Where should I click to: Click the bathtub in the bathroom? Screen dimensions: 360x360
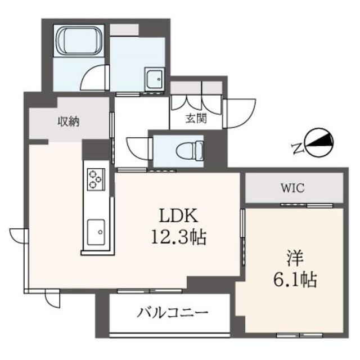pos(79,41)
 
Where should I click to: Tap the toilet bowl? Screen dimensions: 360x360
pos(190,151)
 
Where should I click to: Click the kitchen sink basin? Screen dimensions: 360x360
pos(96,232)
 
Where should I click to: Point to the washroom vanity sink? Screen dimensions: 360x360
pos(154,80)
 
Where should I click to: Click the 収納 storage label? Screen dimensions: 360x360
pos(69,121)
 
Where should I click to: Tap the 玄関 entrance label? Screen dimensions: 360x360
pos(196,119)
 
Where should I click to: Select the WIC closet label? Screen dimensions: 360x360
pos(293,188)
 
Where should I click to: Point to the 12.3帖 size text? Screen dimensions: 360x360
pos(179,237)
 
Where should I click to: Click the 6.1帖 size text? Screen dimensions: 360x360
pos(295,280)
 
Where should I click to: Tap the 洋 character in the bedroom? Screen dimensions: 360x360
pos(295,259)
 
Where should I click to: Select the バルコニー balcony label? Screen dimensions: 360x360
pos(173,313)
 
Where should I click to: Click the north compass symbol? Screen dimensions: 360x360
pos(319,143)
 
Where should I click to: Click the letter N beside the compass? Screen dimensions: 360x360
pos(298,148)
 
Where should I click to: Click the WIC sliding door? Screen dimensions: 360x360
pos(307,205)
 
